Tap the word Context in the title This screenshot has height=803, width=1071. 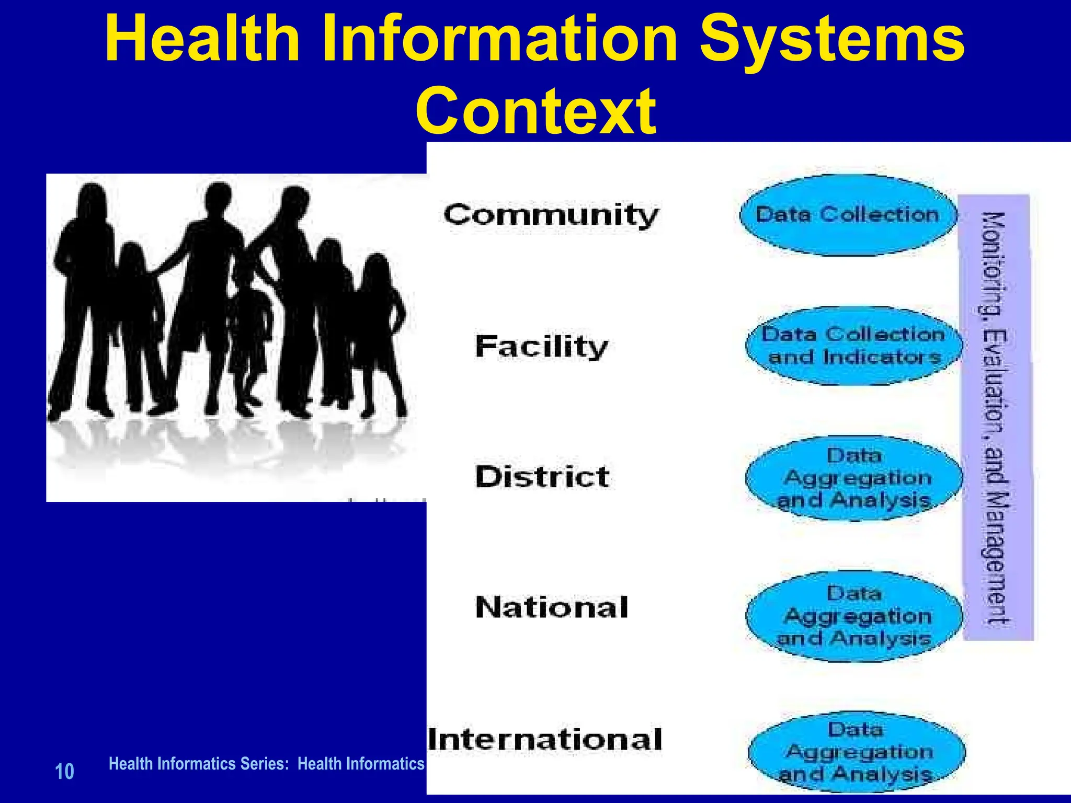(x=535, y=111)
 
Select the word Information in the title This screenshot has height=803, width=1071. (x=499, y=39)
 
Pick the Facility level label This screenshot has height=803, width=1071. (x=542, y=347)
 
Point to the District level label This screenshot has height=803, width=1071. (x=542, y=477)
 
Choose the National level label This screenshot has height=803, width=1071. (x=551, y=607)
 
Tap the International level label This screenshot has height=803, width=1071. (x=545, y=739)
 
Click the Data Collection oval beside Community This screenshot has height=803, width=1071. (x=848, y=215)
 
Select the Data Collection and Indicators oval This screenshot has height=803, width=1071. (x=853, y=346)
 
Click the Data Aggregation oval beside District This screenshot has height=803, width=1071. (x=853, y=478)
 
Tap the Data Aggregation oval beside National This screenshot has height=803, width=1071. (x=853, y=616)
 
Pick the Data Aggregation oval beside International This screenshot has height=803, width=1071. (x=857, y=752)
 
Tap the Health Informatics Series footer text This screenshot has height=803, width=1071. (x=266, y=764)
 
